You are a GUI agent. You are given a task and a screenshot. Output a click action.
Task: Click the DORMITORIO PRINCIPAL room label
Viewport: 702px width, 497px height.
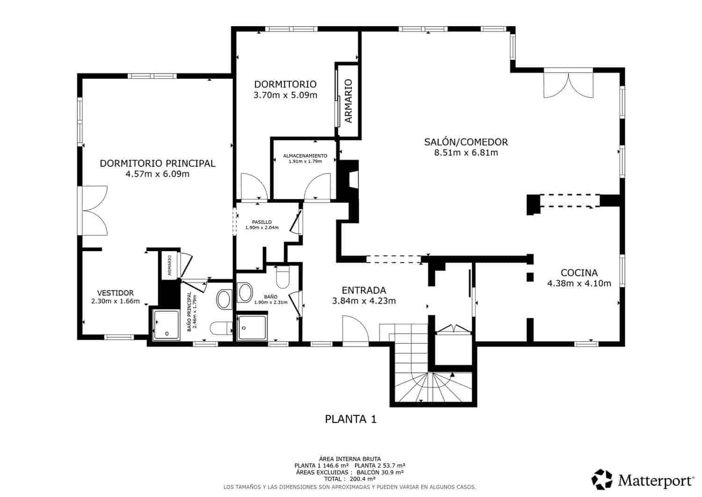tap(157, 163)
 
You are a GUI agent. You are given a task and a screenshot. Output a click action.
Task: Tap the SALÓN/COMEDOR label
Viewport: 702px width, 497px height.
tap(466, 142)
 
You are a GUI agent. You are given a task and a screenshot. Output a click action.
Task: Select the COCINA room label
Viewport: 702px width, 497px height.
tap(579, 273)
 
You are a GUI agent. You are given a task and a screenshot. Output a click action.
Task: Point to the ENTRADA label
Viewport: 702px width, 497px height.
tap(364, 290)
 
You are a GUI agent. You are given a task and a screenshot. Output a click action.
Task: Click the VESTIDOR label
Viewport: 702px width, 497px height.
tap(115, 293)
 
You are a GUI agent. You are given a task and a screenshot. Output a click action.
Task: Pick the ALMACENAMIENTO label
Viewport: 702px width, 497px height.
tap(305, 156)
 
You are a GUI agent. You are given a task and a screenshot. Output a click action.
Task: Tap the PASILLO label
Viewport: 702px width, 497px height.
tap(262, 222)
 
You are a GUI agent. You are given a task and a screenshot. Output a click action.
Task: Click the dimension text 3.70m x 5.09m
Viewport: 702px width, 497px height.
tap(285, 96)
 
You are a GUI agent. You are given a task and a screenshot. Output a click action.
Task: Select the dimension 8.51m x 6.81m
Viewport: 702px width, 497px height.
tap(466, 153)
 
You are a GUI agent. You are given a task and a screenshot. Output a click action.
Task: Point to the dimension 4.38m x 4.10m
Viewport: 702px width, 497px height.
tap(579, 283)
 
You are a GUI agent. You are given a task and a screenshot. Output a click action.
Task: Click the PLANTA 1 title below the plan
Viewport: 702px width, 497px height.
tap(351, 419)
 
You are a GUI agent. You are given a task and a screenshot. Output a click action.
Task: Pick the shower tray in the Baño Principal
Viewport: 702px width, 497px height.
tap(166, 325)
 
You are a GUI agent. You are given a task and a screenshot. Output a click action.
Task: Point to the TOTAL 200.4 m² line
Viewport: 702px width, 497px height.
tap(350, 479)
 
